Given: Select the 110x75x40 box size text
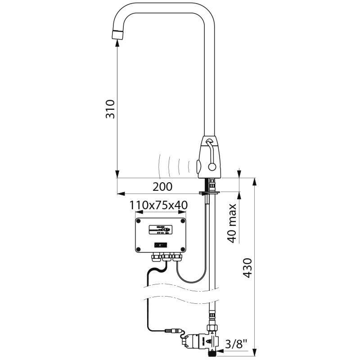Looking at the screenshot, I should [158, 205].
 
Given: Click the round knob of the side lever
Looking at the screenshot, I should [211, 168].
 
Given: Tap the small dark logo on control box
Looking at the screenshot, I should [161, 244].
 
